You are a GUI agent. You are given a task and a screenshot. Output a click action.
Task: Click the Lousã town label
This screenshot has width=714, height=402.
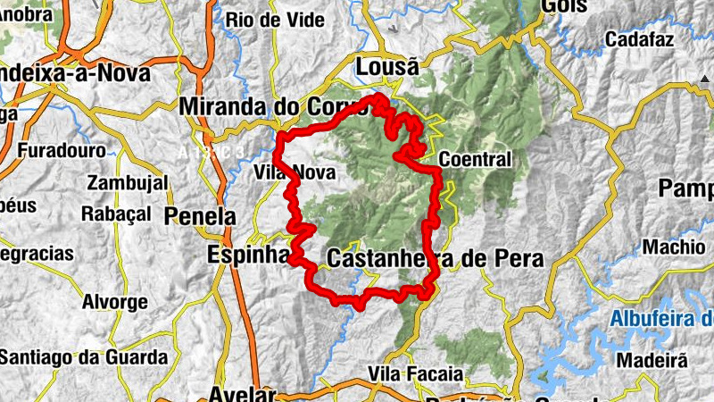tap(386, 67)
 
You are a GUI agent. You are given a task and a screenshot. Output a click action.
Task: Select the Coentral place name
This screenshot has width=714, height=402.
tap(477, 160)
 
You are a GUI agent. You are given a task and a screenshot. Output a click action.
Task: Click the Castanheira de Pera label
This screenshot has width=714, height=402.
tap(435, 258)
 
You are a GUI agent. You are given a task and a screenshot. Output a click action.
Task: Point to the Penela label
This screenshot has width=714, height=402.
tap(200, 216)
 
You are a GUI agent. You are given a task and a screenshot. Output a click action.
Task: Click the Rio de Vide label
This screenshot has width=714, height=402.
tap(266, 20)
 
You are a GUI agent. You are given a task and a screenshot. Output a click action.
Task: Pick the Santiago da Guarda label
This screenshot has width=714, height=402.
tap(83, 357)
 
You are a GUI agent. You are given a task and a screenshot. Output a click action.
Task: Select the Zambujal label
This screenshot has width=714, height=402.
tap(128, 183)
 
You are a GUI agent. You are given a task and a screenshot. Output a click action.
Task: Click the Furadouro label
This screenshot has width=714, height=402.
tap(61, 151)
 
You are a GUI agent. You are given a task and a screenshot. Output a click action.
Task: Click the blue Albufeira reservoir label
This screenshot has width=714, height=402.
tap(660, 319)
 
